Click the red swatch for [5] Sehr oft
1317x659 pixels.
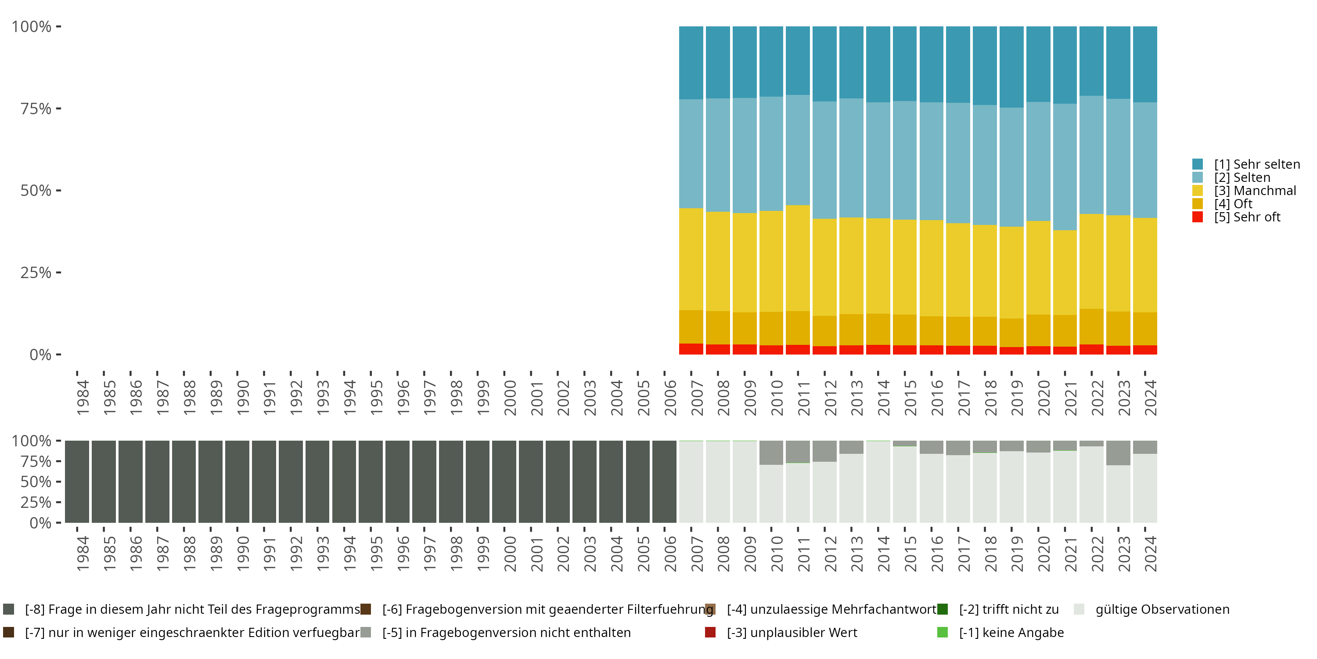pos(1197,217)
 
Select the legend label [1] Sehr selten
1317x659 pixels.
pos(1257,164)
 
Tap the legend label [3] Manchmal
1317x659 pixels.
pos(1255,191)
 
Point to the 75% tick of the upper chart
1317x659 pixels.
pos(58,109)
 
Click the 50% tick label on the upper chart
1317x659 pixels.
pos(36,191)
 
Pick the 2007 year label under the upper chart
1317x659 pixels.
pos(697,398)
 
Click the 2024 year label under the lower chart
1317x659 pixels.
pos(1150,554)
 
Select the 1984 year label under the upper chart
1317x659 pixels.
pos(83,398)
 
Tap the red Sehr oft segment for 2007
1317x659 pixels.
pos(691,349)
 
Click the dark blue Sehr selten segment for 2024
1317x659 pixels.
pos(1145,64)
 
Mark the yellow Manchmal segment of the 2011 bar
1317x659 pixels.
pos(798,258)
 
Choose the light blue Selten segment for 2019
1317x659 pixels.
pos(1011,167)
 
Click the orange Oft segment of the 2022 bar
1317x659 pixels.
pos(1091,326)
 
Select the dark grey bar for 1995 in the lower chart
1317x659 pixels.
pos(371,482)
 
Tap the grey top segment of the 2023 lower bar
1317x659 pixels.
pos(1118,453)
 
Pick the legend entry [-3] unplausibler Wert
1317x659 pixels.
pos(792,632)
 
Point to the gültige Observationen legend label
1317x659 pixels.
pos(1162,609)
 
